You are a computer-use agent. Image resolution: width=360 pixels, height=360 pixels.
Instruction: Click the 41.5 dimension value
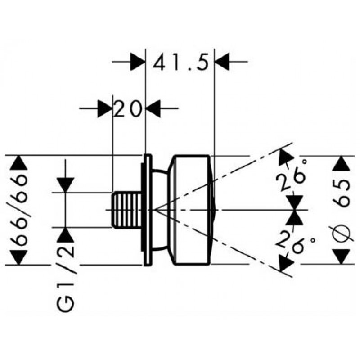[x=181, y=62]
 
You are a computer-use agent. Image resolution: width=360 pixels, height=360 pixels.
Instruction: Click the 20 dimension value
[x=127, y=108]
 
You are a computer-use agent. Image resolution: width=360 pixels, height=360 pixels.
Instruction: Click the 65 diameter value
[x=342, y=193]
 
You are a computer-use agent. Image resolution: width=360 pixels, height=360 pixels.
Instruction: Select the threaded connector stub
[x=126, y=210]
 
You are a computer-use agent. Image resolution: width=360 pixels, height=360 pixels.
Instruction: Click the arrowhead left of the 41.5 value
[x=138, y=62]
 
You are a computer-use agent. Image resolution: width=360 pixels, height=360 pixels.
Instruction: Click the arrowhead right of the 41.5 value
[x=222, y=62]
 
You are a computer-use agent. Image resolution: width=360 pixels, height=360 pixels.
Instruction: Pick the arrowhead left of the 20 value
[x=105, y=108]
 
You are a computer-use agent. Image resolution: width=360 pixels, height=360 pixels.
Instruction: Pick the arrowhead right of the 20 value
[x=153, y=108]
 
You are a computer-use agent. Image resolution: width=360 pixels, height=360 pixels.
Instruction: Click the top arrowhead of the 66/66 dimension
[x=19, y=163]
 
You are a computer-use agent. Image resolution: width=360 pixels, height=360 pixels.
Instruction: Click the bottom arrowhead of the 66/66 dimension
[x=19, y=257]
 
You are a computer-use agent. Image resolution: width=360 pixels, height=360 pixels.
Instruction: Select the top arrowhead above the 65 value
[x=342, y=163]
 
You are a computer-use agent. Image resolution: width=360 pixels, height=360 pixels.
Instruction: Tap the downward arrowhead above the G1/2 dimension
[x=65, y=185]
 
